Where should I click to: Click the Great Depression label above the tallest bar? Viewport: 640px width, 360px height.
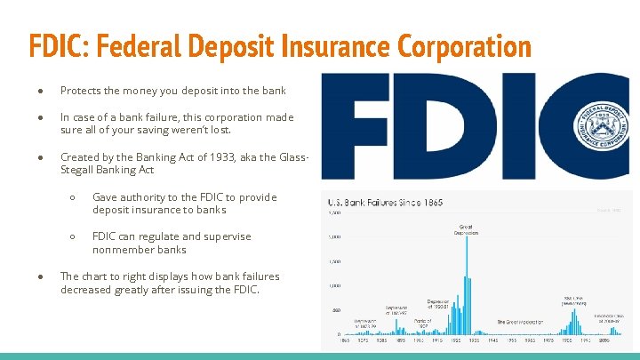point(468,229)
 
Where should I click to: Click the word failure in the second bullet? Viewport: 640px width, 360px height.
point(164,117)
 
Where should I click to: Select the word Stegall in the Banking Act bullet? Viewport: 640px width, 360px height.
point(79,170)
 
